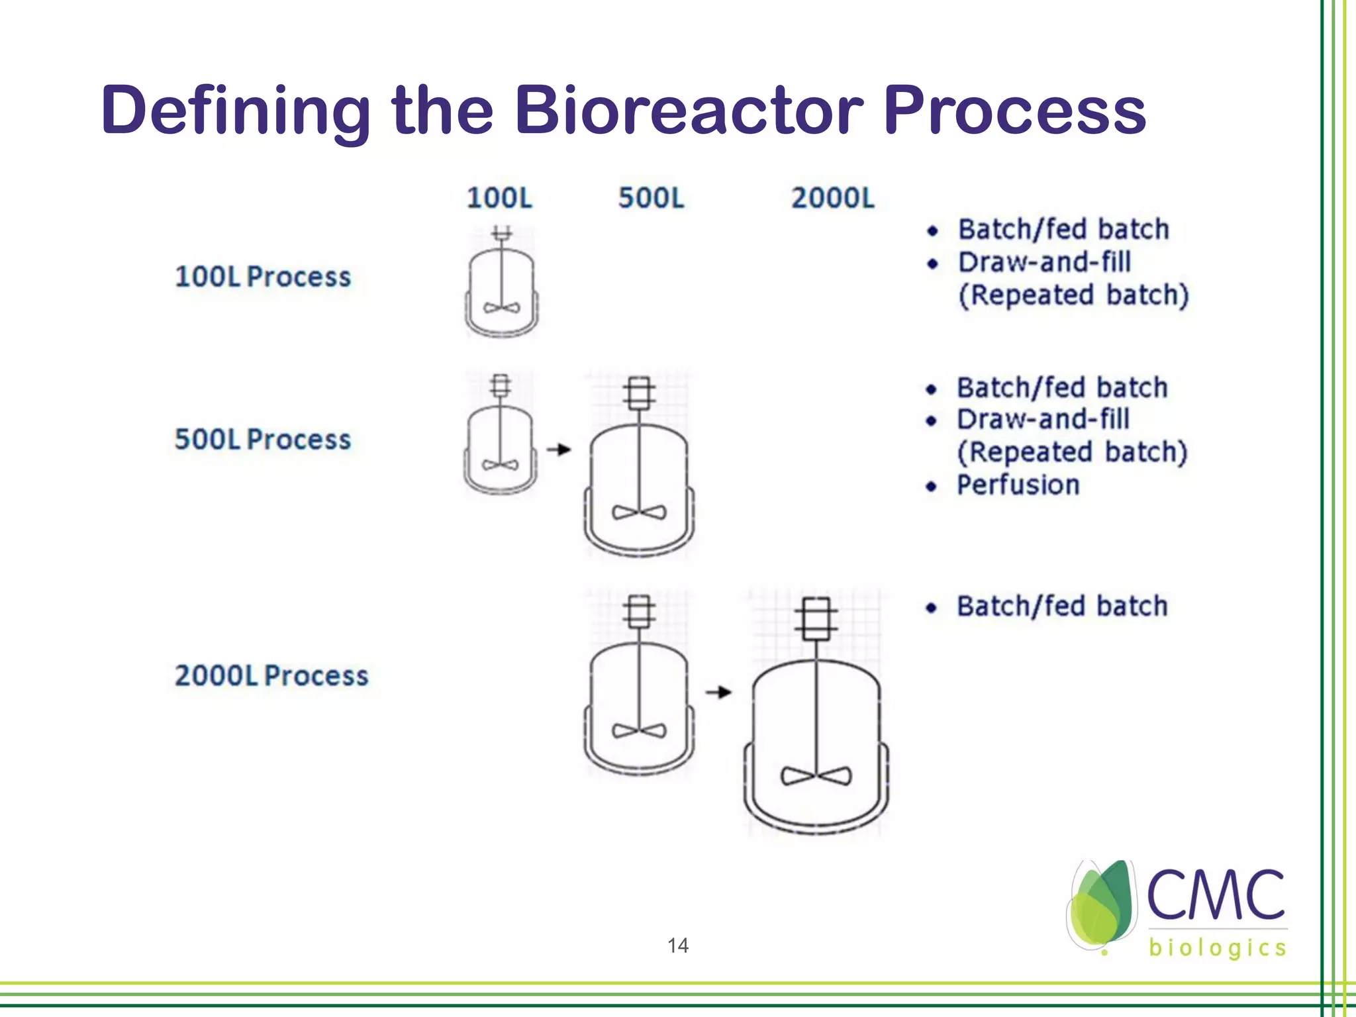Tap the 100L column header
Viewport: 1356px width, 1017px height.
(x=499, y=198)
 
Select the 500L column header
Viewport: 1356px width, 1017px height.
(x=651, y=198)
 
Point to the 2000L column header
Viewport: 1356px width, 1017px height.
(x=832, y=198)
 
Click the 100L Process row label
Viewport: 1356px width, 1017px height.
(x=262, y=277)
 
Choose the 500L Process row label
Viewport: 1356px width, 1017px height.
(x=262, y=440)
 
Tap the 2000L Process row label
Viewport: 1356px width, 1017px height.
(x=271, y=675)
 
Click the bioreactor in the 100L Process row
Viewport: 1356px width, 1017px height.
(x=501, y=285)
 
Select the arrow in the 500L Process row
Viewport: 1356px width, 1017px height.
(x=559, y=450)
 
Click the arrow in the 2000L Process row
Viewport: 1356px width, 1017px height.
(x=718, y=692)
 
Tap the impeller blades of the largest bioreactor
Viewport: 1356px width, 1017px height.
(x=816, y=775)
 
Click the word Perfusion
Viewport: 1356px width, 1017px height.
(x=1018, y=485)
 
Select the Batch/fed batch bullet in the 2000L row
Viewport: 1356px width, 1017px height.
(x=1061, y=606)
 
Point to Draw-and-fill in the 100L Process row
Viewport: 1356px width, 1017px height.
(x=1044, y=262)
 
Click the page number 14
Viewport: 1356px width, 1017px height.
(x=677, y=945)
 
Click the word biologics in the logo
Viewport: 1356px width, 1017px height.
(x=1217, y=948)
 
